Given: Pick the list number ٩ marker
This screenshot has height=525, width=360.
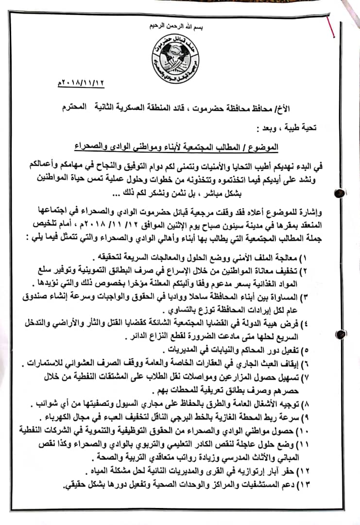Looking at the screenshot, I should pos(305,417).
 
